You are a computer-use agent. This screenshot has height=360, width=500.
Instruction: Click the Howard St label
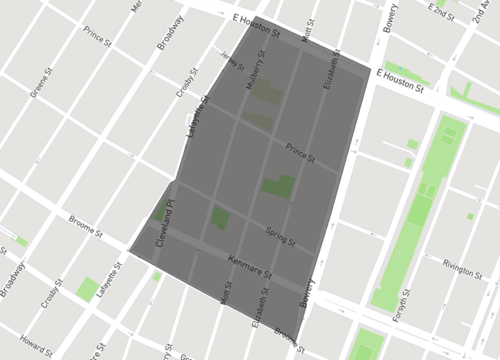click(36, 341)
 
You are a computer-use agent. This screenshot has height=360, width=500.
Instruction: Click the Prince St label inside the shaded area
click(299, 156)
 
